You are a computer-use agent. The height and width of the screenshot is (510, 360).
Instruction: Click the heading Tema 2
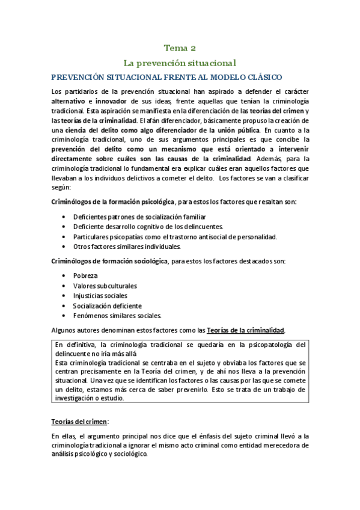coord(180,48)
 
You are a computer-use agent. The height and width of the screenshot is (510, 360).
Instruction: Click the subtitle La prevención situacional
coord(180,63)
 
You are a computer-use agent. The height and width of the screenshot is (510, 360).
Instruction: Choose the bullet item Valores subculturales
coord(105,286)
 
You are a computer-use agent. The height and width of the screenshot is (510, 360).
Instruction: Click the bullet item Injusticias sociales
coord(100,295)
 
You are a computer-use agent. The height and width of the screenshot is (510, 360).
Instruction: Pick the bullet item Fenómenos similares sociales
coord(117,315)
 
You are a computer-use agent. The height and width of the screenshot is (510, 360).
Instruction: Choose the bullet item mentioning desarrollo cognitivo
coord(148,226)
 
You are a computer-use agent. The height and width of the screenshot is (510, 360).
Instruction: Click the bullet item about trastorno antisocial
coord(174,236)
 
